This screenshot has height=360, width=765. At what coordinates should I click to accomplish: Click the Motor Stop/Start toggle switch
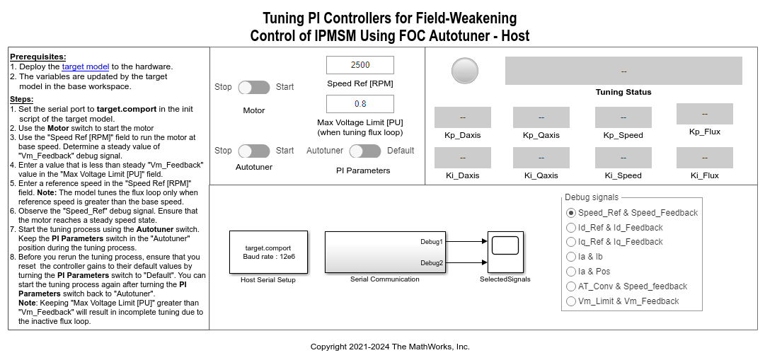[x=254, y=87]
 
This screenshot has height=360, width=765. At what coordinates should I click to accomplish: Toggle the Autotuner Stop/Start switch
[x=254, y=151]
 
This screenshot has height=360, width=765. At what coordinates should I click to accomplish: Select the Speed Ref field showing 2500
[x=360, y=65]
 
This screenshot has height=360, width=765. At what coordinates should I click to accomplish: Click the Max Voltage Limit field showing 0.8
[x=360, y=104]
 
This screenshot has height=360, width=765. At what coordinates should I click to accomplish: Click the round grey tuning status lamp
[x=465, y=71]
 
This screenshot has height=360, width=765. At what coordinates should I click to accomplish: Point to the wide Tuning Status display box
[x=623, y=71]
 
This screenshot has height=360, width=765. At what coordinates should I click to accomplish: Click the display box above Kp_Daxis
[x=462, y=117]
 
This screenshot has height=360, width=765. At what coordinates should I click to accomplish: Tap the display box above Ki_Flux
[x=704, y=158]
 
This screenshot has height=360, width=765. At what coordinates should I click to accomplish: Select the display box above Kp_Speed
[x=623, y=117]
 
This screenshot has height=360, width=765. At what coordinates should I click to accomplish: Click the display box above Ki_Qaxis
[x=541, y=158]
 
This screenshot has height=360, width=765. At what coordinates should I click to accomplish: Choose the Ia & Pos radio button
[x=572, y=272]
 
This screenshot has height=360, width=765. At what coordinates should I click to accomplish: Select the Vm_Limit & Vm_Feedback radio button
[x=572, y=301]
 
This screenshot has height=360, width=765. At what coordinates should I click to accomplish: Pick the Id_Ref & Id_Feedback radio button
[x=572, y=228]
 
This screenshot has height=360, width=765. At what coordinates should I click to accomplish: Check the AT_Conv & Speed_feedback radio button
[x=572, y=286]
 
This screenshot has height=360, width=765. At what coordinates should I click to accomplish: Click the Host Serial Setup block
[x=268, y=252]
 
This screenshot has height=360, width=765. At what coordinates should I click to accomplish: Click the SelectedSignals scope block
[x=505, y=252]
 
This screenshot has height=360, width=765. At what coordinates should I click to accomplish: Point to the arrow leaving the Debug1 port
[x=466, y=241]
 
